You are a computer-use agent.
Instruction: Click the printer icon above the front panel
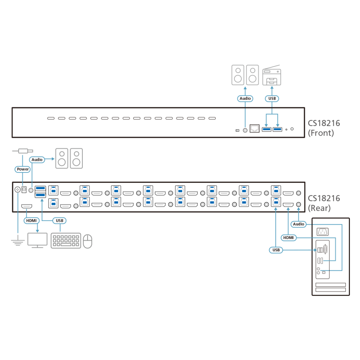271,75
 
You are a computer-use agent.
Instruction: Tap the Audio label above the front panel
245,99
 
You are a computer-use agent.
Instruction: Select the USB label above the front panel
272,99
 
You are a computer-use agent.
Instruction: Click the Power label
22,169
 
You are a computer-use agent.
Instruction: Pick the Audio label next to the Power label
37,159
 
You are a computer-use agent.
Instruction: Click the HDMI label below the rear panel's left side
31,221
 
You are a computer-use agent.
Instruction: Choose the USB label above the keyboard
59,221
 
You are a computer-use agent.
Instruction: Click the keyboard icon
66,240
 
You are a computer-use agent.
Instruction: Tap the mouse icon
87,241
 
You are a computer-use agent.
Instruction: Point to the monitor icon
37,240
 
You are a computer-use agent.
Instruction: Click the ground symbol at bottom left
18,241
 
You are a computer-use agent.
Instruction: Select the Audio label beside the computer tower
298,224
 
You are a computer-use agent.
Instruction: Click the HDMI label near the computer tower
288,238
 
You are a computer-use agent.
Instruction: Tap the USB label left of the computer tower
276,250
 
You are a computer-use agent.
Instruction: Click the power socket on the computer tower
323,232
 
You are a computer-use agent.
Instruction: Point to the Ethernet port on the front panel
255,129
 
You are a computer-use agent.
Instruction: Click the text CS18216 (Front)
324,128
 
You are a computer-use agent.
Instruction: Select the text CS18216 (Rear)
324,203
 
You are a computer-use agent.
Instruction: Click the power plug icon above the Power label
22,151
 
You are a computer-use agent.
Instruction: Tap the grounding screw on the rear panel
17,190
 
